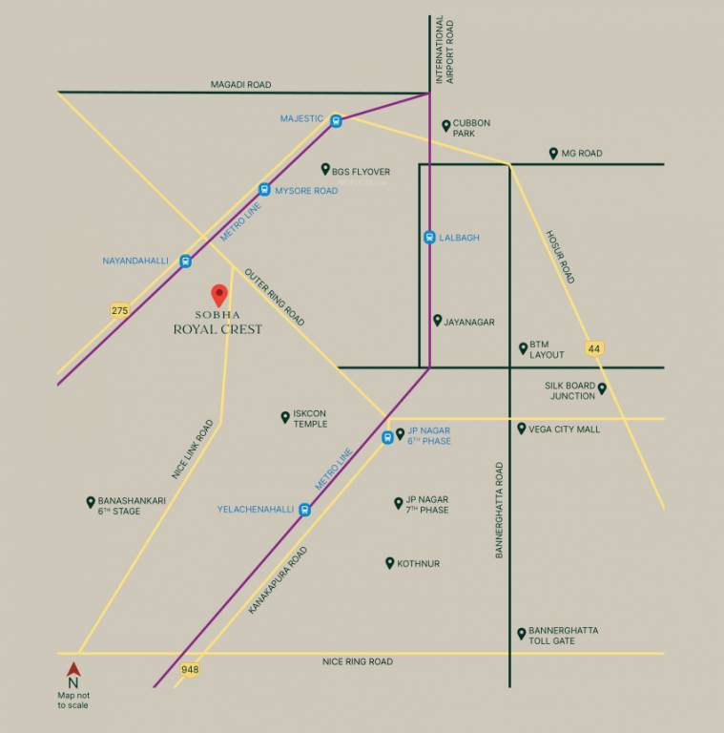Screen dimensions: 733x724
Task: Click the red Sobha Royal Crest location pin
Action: point(218,294)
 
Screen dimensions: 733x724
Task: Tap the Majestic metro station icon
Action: point(336,120)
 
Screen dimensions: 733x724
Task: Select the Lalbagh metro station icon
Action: point(429,238)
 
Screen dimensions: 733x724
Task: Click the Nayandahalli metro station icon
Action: point(186,261)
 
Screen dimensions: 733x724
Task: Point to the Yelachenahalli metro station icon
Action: point(304,510)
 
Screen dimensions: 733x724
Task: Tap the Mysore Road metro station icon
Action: point(264,190)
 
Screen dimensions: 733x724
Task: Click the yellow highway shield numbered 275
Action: point(119,310)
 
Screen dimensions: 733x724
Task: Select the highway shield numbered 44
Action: point(594,348)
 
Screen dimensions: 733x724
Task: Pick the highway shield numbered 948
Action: point(190,670)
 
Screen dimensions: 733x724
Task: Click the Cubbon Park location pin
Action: point(445,125)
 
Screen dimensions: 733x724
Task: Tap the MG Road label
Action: point(581,154)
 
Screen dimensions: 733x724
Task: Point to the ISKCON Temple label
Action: point(310,419)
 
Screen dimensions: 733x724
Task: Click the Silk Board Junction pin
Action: point(602,388)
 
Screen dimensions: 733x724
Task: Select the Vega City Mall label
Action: point(565,429)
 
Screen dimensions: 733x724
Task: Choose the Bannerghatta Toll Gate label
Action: point(564,636)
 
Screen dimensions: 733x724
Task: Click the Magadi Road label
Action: point(240,85)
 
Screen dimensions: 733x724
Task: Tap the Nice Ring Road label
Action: point(357,661)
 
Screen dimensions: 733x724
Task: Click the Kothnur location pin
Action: point(389,563)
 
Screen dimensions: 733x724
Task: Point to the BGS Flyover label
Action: point(361,172)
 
